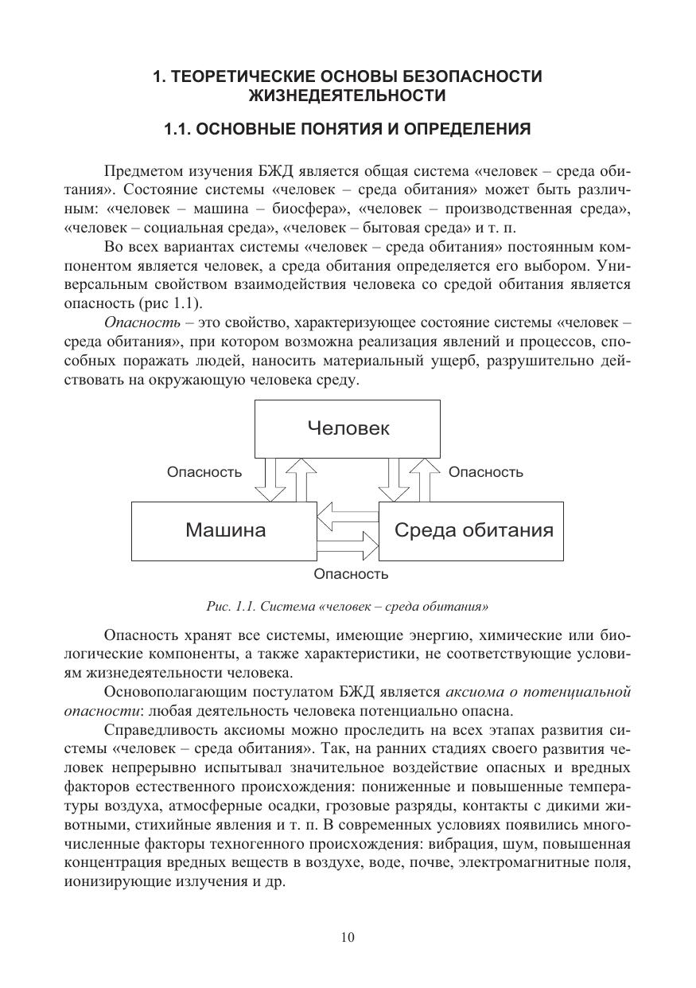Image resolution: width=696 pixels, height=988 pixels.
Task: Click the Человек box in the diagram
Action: [x=348, y=428]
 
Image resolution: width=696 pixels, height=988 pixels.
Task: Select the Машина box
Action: [x=225, y=530]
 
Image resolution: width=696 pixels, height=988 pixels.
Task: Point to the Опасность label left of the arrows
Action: [x=204, y=472]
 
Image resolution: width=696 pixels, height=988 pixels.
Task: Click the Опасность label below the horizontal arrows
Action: [x=351, y=573]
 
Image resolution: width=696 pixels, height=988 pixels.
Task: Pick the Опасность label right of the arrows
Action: [x=486, y=472]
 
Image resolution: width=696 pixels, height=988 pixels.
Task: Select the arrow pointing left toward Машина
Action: [x=347, y=515]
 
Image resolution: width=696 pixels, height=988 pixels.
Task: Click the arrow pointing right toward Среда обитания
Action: [x=348, y=546]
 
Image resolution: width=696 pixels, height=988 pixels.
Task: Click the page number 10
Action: [x=348, y=937]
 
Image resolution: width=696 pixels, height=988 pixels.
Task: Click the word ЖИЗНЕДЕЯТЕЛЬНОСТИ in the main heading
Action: [x=347, y=96]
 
